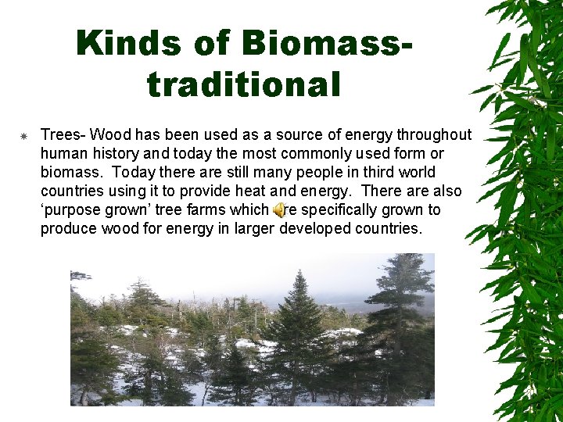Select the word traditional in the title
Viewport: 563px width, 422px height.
tap(244, 84)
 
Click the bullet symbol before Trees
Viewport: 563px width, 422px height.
tap(23, 136)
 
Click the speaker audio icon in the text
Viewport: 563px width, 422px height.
tap(278, 210)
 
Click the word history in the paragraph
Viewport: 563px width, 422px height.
tap(115, 153)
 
